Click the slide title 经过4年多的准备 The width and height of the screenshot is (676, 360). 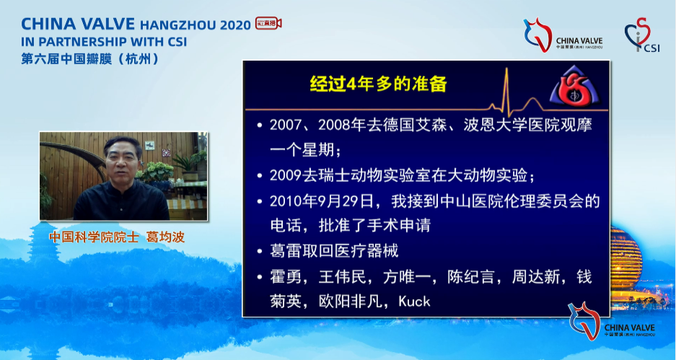click(x=378, y=84)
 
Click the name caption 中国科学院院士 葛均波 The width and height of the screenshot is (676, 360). click(x=122, y=237)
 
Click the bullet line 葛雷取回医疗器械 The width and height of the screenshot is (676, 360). click(x=333, y=251)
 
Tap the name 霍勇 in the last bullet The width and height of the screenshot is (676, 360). click(x=284, y=276)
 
